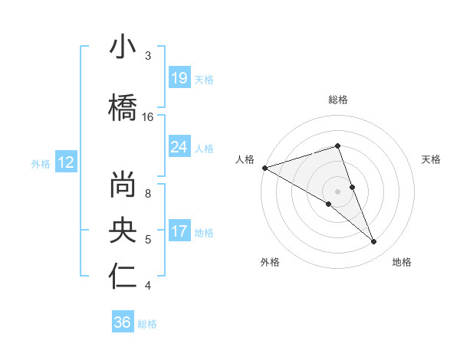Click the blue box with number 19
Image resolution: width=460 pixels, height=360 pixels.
coord(179,77)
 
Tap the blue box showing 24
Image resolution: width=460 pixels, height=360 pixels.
coord(179,146)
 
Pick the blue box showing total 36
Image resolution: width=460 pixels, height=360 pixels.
coord(123,322)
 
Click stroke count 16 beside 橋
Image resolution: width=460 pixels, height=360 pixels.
coord(148,117)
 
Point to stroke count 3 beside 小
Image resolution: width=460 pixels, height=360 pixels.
coord(148,56)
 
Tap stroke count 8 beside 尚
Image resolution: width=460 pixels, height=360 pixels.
coord(148,194)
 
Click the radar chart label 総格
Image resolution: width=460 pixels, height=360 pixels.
coord(337,100)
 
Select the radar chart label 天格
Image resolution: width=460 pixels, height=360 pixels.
coord(432,159)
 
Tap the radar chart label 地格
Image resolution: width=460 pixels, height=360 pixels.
coord(402,263)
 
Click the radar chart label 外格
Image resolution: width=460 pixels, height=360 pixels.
coord(270,263)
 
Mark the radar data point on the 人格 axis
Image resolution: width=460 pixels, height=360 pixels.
coord(264,167)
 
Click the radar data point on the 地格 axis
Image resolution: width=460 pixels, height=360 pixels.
coord(373,241)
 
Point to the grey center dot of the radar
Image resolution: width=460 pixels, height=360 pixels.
coord(337,191)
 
